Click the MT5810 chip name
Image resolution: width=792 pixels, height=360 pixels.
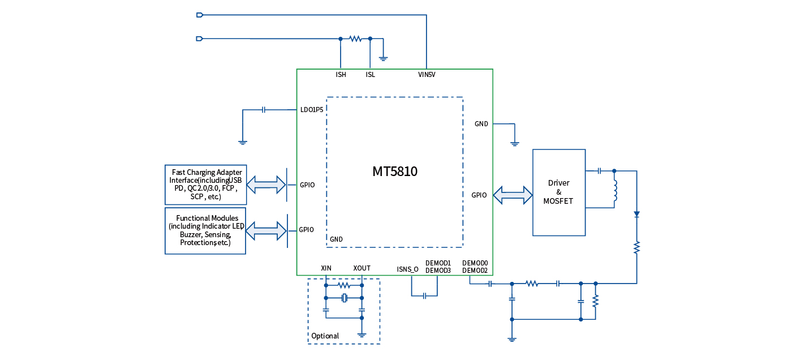pos(394,172)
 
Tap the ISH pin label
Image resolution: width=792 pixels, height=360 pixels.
pos(341,75)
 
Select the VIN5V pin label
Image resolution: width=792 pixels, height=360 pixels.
pos(427,75)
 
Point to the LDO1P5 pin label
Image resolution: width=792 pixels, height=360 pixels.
pos(312,110)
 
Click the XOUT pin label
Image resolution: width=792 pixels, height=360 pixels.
pos(361,268)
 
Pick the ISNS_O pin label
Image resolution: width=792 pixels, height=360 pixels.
pos(407,269)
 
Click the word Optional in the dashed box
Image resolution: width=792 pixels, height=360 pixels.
pos(325,336)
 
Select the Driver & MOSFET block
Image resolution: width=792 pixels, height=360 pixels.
pos(558,192)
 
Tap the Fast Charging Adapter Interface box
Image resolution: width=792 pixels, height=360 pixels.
pos(205,185)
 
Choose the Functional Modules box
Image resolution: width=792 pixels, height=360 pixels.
pos(205,230)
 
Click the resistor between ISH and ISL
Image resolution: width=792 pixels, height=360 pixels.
pos(355,38)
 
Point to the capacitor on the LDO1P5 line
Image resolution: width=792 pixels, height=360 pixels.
pos(264,110)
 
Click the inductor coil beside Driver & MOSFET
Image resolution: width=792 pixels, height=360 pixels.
pos(615,191)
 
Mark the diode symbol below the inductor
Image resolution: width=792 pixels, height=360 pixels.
pos(636,215)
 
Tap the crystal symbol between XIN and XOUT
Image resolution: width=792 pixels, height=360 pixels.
pos(344,298)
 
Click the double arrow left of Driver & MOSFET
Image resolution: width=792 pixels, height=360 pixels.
pos(513,195)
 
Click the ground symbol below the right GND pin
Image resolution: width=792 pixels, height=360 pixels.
pos(514,143)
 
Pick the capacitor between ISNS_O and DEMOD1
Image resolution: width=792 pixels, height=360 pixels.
pos(424,295)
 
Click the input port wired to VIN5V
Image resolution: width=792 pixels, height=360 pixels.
pos(199,15)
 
